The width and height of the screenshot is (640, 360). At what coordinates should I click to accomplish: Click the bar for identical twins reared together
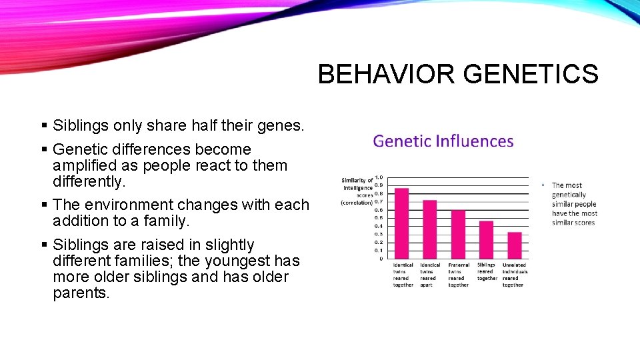point(401,223)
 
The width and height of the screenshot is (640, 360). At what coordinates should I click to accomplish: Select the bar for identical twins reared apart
point(429,229)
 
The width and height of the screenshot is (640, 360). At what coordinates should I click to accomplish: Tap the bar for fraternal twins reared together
point(458,234)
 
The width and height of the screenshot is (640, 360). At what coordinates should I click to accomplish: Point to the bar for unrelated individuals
point(514,245)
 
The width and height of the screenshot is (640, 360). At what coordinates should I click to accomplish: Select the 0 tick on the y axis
point(381,259)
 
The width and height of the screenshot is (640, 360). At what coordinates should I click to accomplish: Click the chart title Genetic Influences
point(443,141)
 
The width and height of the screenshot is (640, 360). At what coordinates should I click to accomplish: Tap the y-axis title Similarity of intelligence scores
point(357,191)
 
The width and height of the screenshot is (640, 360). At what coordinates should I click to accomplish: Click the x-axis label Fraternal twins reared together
point(458,275)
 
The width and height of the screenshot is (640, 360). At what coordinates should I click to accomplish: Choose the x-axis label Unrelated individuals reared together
point(514,275)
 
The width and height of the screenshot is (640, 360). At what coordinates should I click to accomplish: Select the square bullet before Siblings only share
point(44,125)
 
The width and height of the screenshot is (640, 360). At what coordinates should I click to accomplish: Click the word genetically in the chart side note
point(569,195)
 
